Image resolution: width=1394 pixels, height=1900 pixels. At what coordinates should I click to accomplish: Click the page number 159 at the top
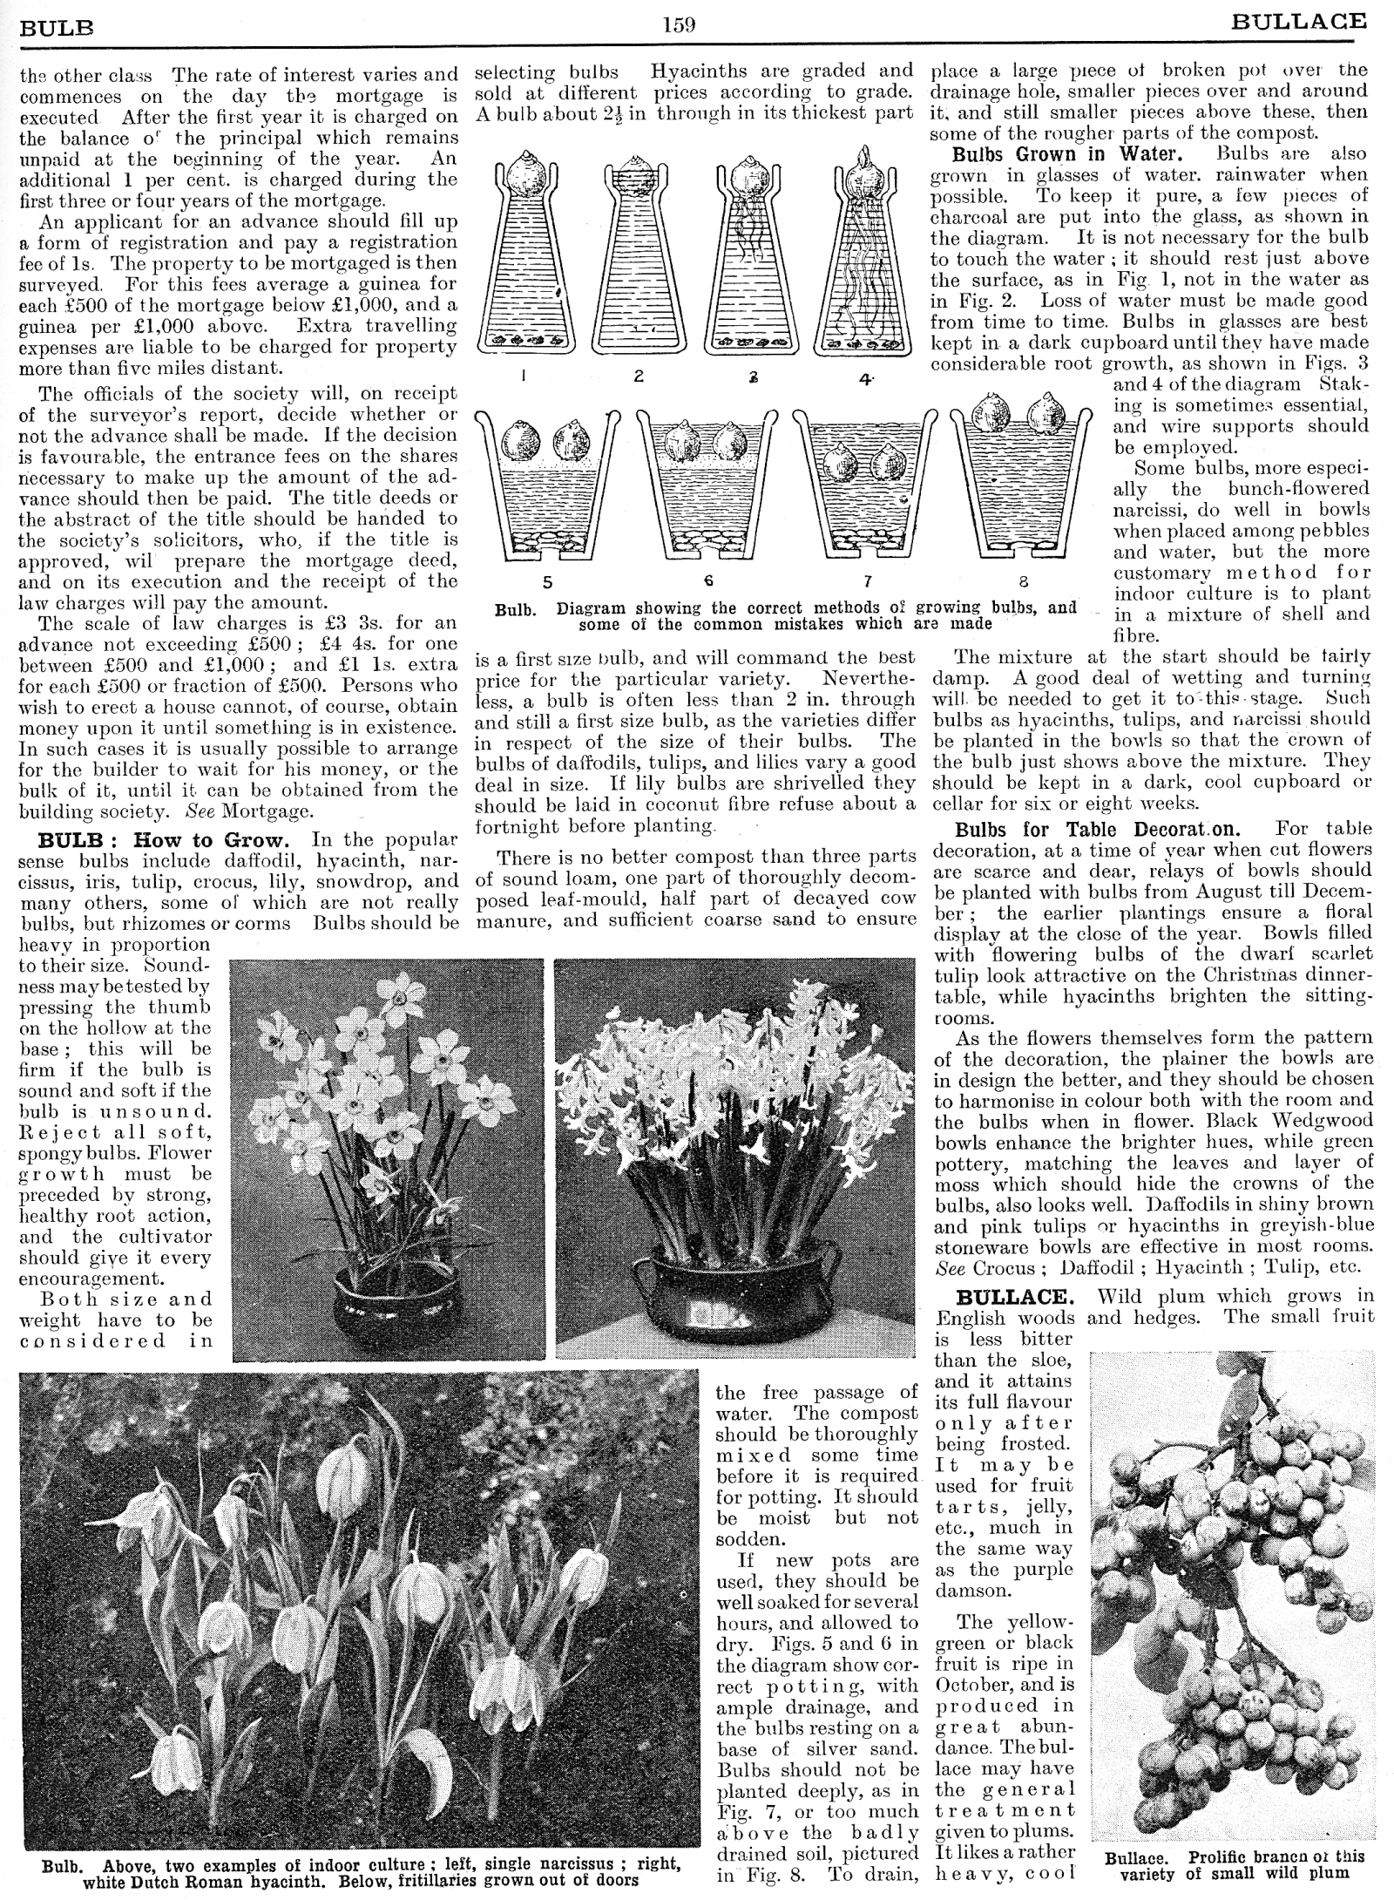678,24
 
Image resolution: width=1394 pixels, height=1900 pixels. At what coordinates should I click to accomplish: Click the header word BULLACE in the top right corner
1299,22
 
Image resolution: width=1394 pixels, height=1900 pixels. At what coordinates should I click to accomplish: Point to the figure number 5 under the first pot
547,581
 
